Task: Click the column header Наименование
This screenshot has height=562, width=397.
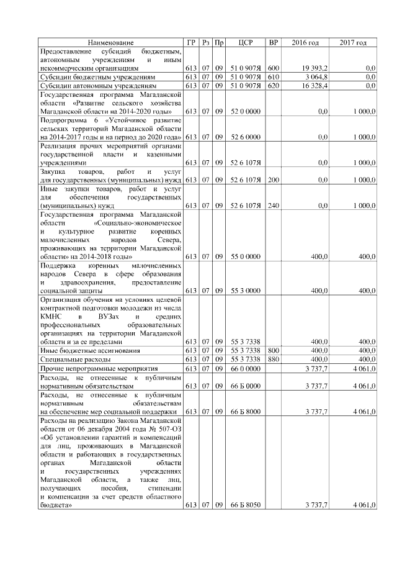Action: click(x=111, y=42)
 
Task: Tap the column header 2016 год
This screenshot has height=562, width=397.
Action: click(x=305, y=42)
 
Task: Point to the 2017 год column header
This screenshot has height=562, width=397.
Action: click(x=353, y=42)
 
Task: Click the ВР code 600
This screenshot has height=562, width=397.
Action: click(x=274, y=67)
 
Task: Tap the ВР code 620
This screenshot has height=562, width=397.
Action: click(x=274, y=85)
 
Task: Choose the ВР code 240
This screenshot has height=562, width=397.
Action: click(x=274, y=205)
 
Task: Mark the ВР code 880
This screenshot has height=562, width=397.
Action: click(x=274, y=359)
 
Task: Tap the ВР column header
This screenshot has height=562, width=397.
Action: click(x=274, y=42)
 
